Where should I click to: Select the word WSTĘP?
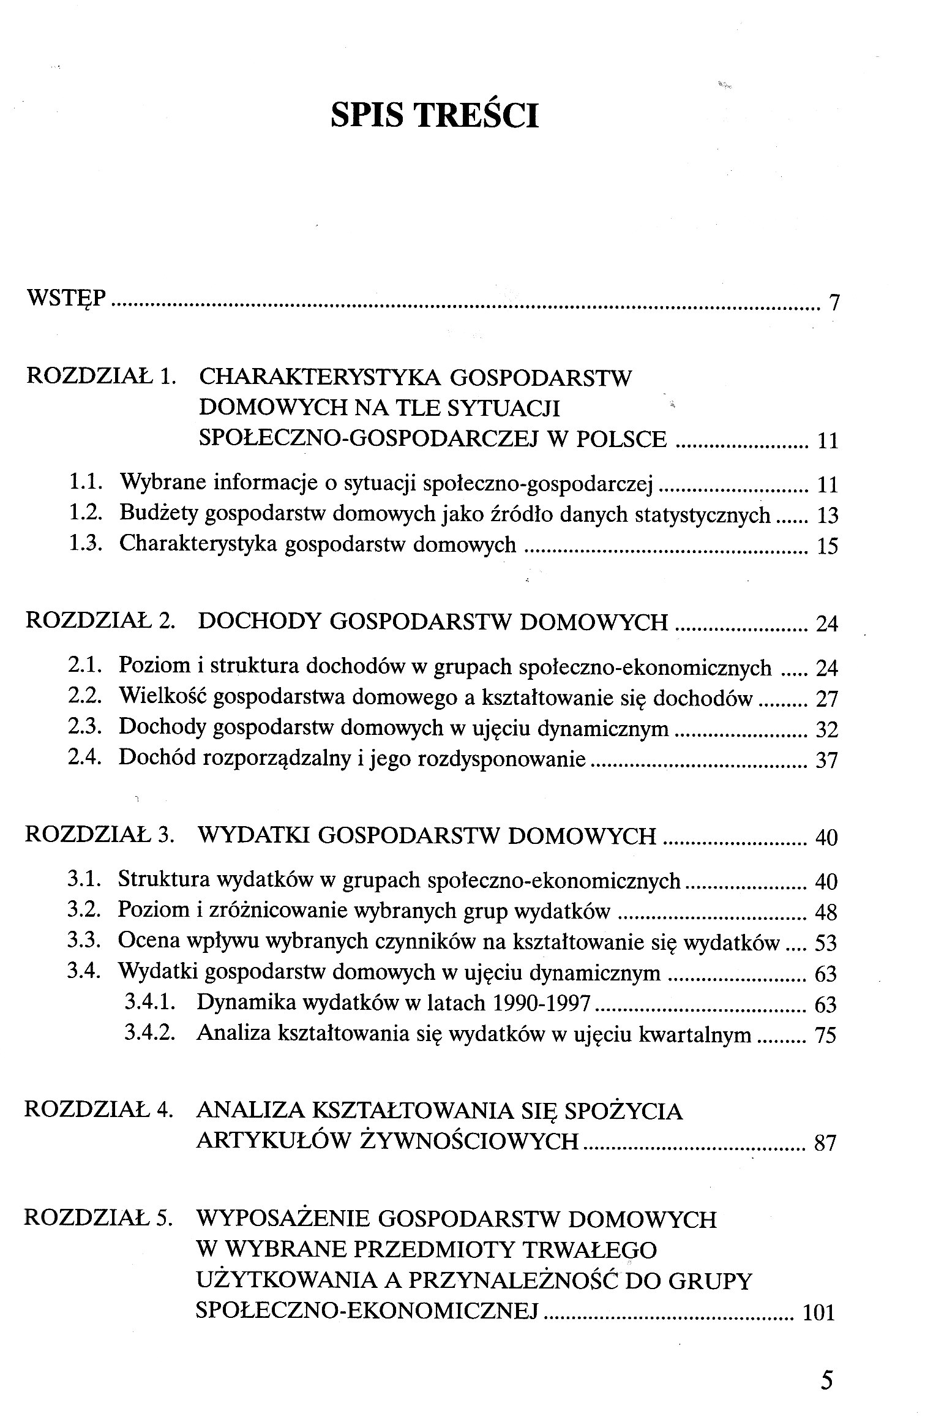pos(67,299)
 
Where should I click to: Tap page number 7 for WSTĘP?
pos(833,303)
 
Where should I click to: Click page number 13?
pos(827,516)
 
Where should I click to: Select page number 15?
pos(827,546)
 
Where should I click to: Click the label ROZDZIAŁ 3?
pos(100,836)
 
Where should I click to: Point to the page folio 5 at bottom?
pos(827,1381)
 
